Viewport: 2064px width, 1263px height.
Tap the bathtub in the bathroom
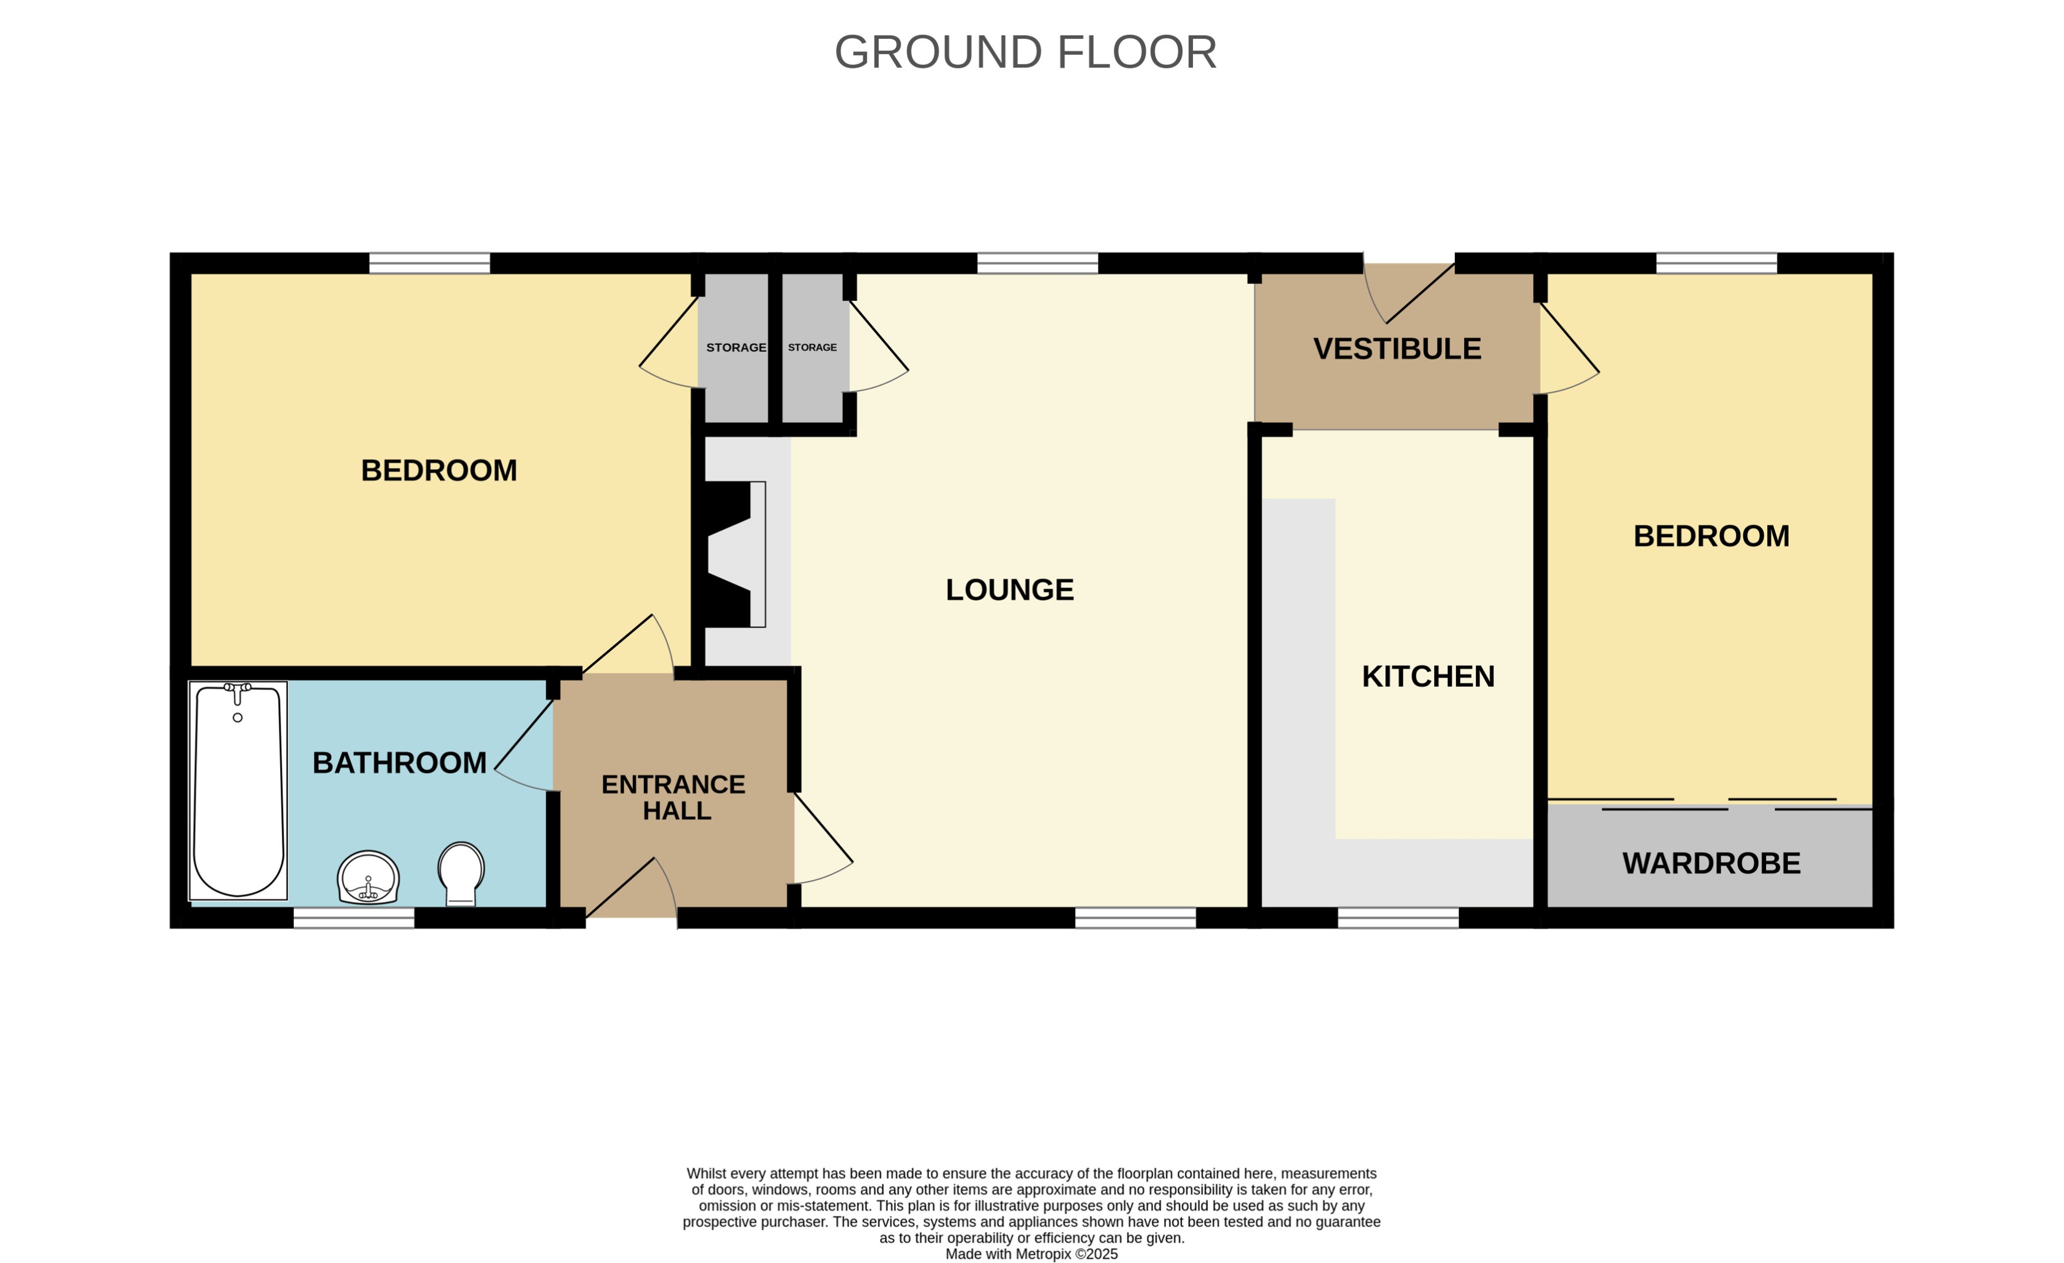pos(238,791)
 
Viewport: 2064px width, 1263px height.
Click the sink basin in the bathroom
pos(369,878)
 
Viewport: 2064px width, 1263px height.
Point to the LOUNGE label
pos(1010,590)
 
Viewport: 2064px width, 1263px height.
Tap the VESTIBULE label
pos(1396,348)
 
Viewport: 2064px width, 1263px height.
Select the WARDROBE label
pos(1711,863)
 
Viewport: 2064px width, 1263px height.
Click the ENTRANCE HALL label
pos(673,797)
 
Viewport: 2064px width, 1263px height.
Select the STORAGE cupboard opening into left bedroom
pos(735,347)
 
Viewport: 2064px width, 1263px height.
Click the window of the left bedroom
pos(430,263)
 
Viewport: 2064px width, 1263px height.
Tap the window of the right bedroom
pos(1717,263)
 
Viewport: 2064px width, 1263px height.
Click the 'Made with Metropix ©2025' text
pos(1031,1254)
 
